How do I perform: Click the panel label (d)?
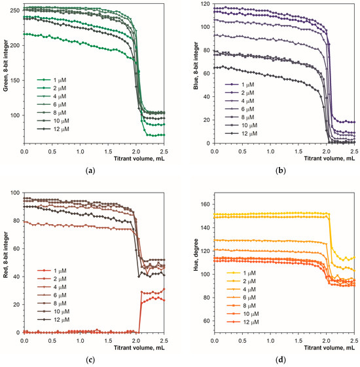click(x=283, y=359)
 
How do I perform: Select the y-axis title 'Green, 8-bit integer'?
click(x=7, y=72)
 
